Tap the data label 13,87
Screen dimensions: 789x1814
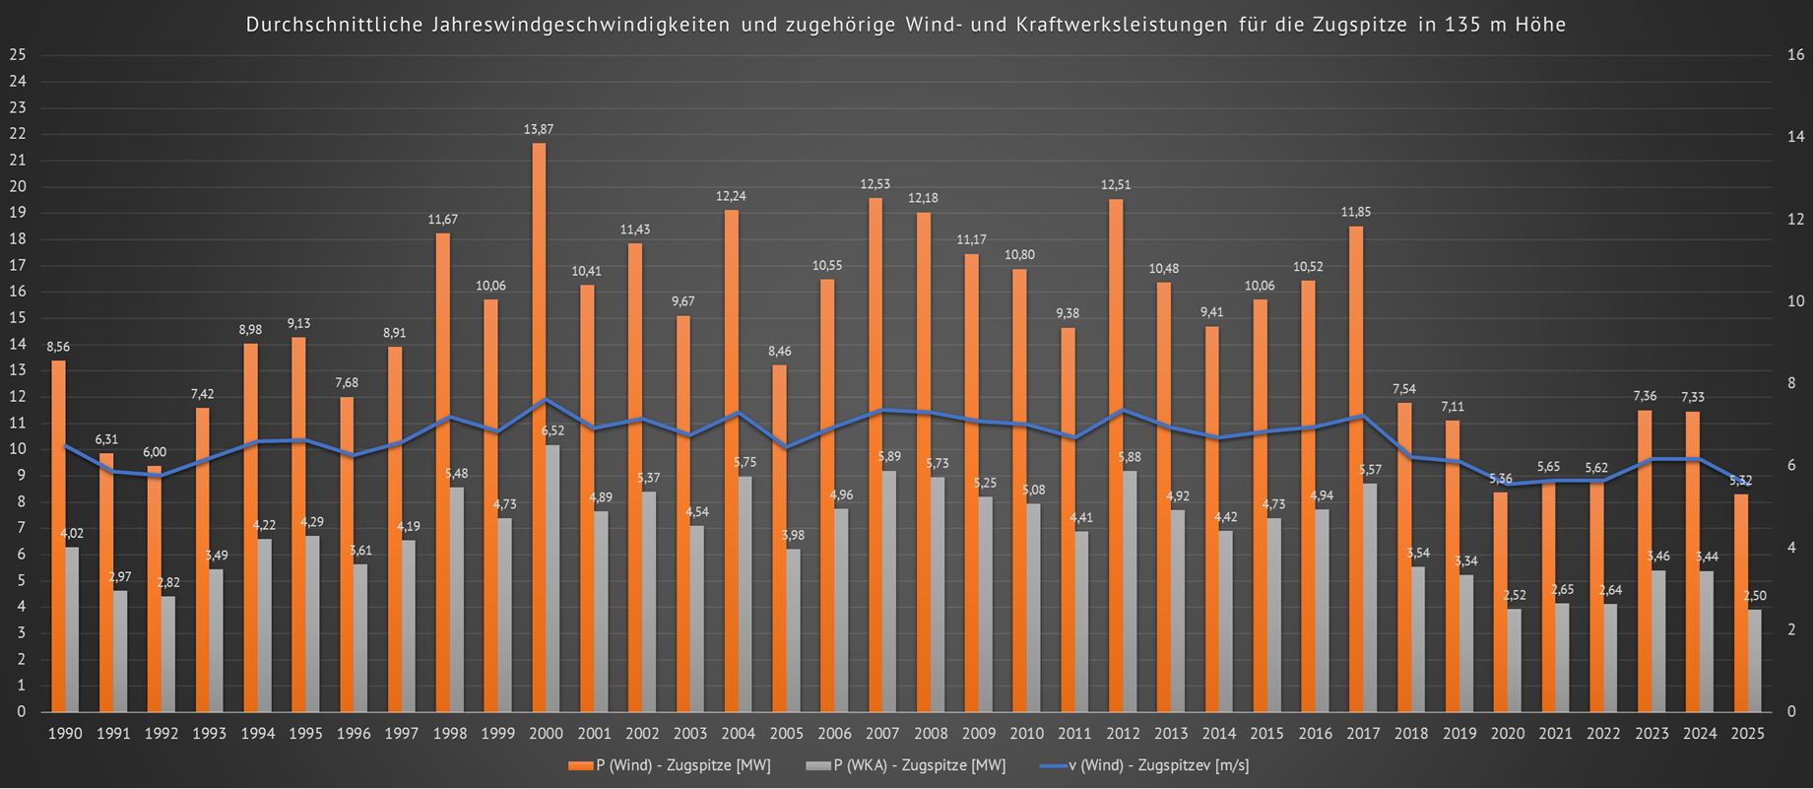[539, 129]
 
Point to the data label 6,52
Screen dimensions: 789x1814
[552, 430]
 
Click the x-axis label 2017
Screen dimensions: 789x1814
[1363, 734]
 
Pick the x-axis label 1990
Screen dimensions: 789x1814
[65, 734]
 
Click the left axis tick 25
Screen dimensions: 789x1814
[17, 55]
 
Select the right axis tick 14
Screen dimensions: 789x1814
[1795, 137]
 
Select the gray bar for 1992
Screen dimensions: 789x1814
[168, 654]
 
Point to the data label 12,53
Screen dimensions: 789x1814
[875, 184]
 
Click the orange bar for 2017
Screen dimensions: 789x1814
[1356, 468]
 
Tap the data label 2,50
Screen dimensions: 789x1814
[1755, 596]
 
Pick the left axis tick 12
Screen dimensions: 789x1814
[17, 397]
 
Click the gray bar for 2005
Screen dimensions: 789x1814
[793, 630]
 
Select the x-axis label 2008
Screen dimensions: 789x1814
[931, 734]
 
